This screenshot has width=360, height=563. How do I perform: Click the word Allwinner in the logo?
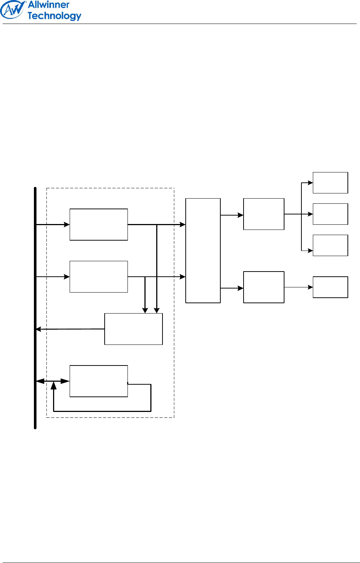(x=49, y=5)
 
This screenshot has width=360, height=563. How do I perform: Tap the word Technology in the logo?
(x=54, y=16)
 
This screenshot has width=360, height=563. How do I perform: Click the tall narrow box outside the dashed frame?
(x=203, y=251)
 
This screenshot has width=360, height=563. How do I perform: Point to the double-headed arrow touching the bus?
(x=53, y=381)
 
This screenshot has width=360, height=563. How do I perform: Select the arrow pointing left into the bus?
(x=70, y=329)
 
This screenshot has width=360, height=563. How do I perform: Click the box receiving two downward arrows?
(x=133, y=329)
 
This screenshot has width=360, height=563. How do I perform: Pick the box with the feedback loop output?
(x=99, y=381)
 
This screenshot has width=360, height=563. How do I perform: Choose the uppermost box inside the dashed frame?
(x=99, y=224)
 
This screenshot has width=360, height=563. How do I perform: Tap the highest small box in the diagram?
(x=330, y=183)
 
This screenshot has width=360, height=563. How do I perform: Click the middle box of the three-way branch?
(x=330, y=214)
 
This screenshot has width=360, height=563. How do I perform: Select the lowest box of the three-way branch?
(x=330, y=245)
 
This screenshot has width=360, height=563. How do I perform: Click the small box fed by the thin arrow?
(x=330, y=287)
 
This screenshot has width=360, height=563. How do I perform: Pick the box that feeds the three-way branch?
(x=264, y=214)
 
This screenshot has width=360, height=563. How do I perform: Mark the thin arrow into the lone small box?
(x=298, y=287)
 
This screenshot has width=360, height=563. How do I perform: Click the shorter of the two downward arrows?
(x=145, y=295)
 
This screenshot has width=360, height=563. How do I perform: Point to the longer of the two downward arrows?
(x=157, y=269)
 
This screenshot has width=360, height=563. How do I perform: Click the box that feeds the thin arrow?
(x=264, y=287)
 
